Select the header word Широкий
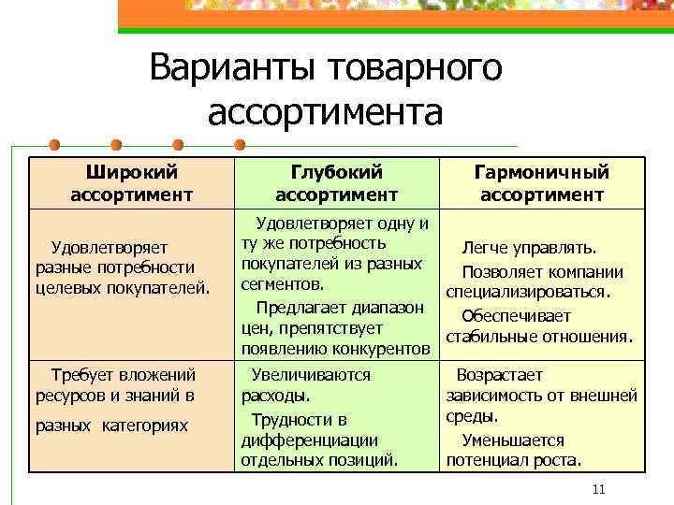[131, 172]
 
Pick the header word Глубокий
[336, 172]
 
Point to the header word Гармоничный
[541, 172]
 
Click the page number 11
[600, 490]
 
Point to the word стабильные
[496, 337]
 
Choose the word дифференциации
[309, 440]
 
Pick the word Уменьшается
[513, 440]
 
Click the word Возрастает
[503, 375]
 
